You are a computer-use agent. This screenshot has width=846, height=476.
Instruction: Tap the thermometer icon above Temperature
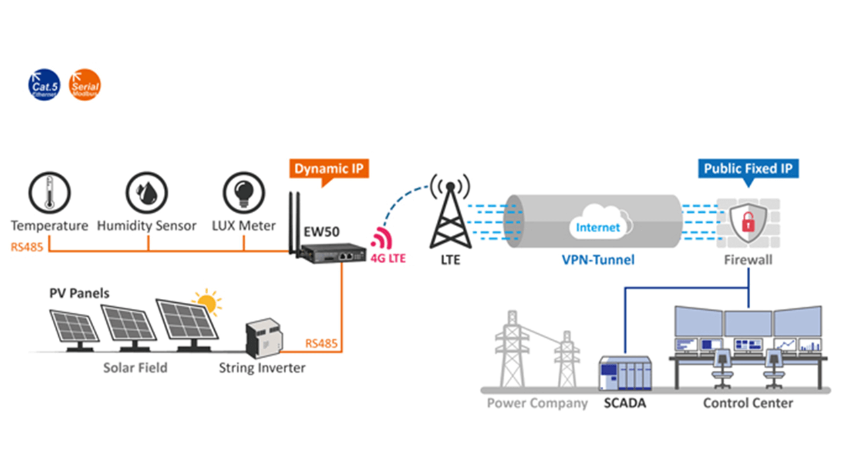(x=49, y=193)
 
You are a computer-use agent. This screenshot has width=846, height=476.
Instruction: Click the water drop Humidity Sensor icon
(x=147, y=193)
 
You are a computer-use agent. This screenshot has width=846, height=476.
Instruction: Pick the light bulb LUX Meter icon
(x=244, y=193)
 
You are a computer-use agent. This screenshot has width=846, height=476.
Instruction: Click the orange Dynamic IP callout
(x=328, y=169)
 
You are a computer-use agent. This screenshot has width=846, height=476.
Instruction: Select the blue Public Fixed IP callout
(x=748, y=169)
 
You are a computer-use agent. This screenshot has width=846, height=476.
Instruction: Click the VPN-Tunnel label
(x=597, y=260)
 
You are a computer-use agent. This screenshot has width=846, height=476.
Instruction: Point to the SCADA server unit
(x=625, y=375)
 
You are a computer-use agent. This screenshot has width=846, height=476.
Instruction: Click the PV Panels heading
(x=80, y=292)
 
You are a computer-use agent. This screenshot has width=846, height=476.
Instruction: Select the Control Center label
(x=748, y=403)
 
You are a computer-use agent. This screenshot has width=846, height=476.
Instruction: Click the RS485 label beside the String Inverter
(x=322, y=344)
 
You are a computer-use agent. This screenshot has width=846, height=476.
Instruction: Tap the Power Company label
(x=537, y=403)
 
